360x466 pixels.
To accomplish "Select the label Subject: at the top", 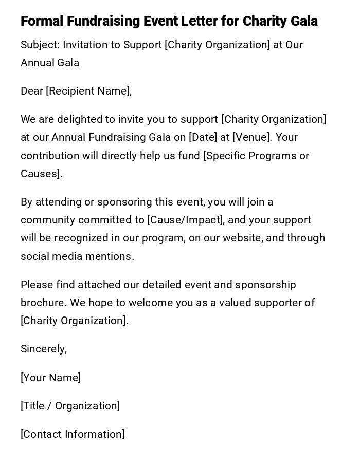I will point(40,45).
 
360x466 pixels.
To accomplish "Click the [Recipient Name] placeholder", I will point(88,91).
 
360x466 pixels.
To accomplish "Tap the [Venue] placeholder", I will point(251,137).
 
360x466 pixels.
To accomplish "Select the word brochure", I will point(43,303).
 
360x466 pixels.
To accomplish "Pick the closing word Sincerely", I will point(43,349).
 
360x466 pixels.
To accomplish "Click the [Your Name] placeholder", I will point(50,378).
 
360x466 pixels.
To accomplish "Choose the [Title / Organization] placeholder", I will point(70,406).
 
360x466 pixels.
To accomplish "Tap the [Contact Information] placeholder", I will point(73,434).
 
